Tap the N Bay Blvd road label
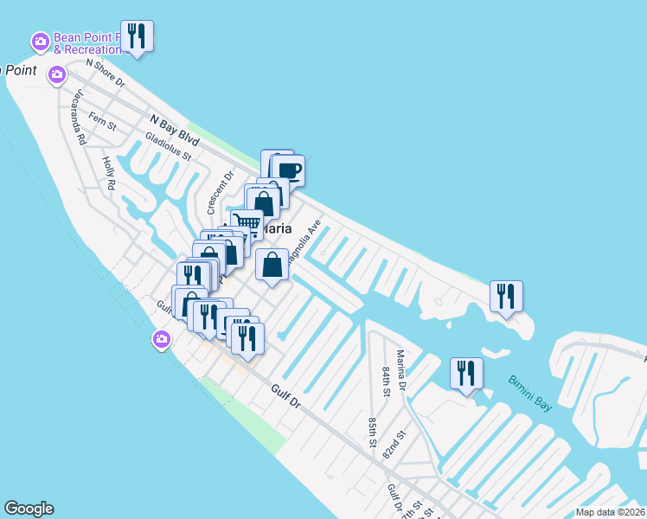[x=175, y=131]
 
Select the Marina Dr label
[x=401, y=369]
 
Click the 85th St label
[x=372, y=432]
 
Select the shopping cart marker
[x=247, y=224]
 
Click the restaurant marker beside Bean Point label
[x=137, y=35]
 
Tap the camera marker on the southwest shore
[x=161, y=340]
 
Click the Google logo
[x=29, y=509]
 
